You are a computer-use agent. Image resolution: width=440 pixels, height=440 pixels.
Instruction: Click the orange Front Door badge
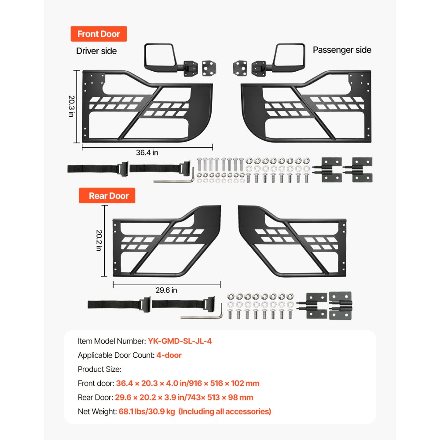pos(99,34)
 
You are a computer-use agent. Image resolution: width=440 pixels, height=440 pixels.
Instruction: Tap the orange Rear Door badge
pos(107,196)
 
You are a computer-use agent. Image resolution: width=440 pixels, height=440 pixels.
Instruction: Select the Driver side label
pos(96,51)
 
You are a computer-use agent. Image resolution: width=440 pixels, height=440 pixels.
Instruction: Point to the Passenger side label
pos(342,50)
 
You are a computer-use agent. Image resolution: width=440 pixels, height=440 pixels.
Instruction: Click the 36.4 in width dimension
pos(147,152)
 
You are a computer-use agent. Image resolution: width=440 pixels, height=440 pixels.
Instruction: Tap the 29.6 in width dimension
pos(166,290)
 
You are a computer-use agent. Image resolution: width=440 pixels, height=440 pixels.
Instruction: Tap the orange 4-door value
pos(169,355)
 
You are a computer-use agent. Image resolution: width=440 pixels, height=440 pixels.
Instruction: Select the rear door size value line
pos(184,397)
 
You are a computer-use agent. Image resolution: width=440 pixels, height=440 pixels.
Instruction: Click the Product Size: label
pos(99,369)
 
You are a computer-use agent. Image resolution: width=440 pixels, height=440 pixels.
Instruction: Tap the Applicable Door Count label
pos(116,355)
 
